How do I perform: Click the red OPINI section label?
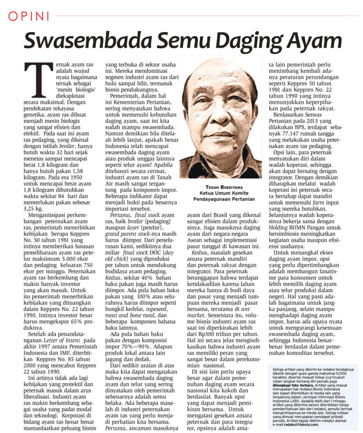tap(29, 16)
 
